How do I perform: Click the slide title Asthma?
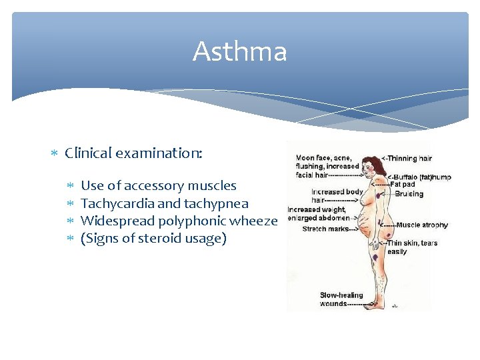(x=239, y=52)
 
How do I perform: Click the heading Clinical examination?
(x=133, y=153)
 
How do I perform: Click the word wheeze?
(x=253, y=221)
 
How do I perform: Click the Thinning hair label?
(x=409, y=158)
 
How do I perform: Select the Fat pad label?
(x=403, y=185)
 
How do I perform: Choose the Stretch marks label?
(x=325, y=229)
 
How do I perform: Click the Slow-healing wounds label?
(x=341, y=299)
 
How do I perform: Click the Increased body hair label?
(x=337, y=195)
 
